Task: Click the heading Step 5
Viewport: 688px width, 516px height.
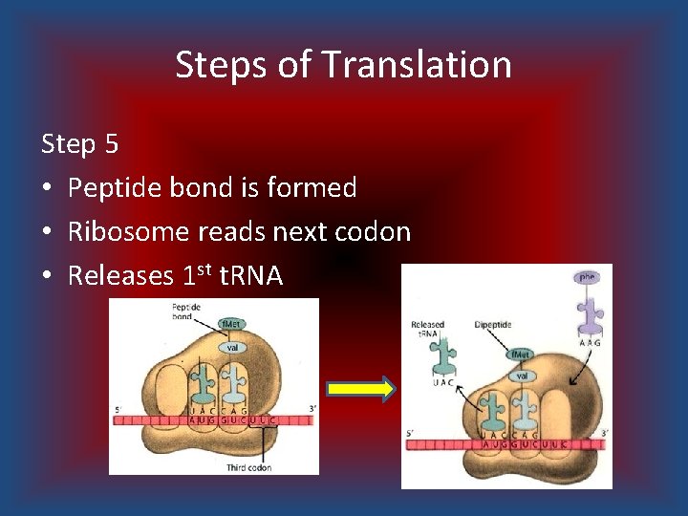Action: pos(80,144)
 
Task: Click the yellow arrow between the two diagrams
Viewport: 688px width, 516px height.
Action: pos(360,389)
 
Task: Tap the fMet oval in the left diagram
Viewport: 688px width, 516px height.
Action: pos(229,325)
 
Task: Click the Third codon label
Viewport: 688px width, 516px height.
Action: pos(247,467)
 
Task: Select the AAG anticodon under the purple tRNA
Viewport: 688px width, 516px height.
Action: pos(590,341)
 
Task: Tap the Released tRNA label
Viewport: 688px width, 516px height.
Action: pos(427,330)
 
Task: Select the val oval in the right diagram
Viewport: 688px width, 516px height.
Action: pos(522,376)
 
